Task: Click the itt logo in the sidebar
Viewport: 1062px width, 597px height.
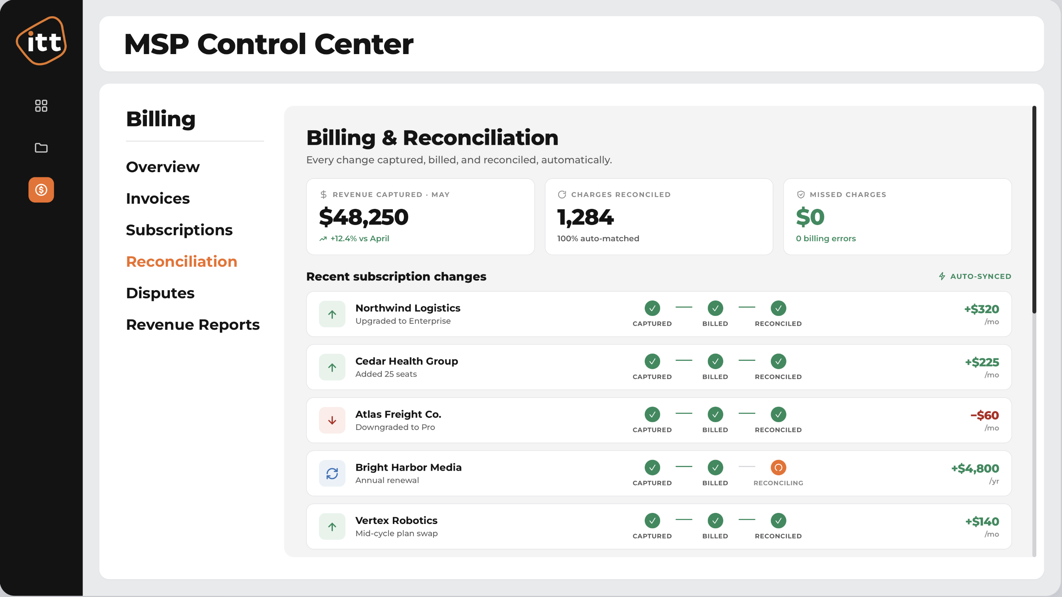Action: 41,41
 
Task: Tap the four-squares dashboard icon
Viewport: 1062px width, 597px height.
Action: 41,106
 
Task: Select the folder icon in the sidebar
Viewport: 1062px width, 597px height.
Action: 41,148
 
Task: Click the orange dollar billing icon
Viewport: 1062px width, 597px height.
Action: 41,190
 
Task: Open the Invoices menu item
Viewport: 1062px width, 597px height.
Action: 158,198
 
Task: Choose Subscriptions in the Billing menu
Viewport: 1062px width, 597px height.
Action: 179,230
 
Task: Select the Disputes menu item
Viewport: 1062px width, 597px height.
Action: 160,293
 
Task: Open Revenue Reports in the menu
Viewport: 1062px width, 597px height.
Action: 193,325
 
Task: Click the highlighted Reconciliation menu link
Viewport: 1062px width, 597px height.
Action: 182,261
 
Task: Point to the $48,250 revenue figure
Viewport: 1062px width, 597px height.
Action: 364,217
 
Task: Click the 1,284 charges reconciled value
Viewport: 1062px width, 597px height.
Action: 585,217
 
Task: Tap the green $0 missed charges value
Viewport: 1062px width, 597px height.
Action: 810,217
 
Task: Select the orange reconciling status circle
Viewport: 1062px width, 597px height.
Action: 779,467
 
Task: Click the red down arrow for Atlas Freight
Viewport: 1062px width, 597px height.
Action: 332,420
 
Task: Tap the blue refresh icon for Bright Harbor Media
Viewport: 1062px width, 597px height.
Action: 332,473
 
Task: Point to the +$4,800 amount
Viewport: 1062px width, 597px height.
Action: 975,468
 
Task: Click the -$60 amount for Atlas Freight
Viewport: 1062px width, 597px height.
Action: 985,415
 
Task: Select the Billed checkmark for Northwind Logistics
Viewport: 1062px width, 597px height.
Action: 715,308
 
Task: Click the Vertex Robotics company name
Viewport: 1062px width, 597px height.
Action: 396,520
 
